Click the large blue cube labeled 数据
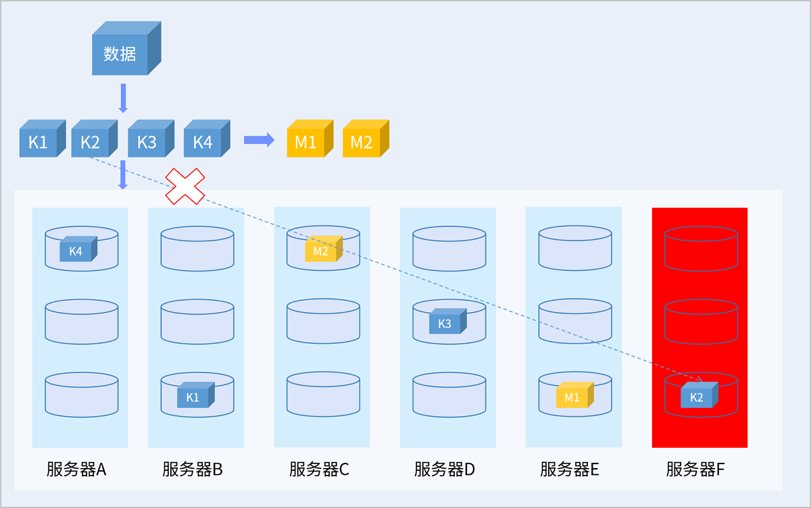coord(120,53)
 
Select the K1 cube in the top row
coord(39,143)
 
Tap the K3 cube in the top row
coord(147,143)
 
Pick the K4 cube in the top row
coord(203,143)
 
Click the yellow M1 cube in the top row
coord(305,143)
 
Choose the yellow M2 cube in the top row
coord(362,143)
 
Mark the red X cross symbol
coord(185,186)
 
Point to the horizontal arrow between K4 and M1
coord(259,140)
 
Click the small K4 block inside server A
coord(76,251)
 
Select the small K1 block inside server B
coord(193,397)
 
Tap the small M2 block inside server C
coord(321,251)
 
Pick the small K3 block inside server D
coord(445,323)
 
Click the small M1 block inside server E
coord(572,397)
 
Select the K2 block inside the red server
coord(697,397)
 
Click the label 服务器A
coord(76,469)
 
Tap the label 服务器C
coord(319,469)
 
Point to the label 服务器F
coord(695,469)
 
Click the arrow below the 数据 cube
coord(122,98)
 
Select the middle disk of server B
coord(197,322)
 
